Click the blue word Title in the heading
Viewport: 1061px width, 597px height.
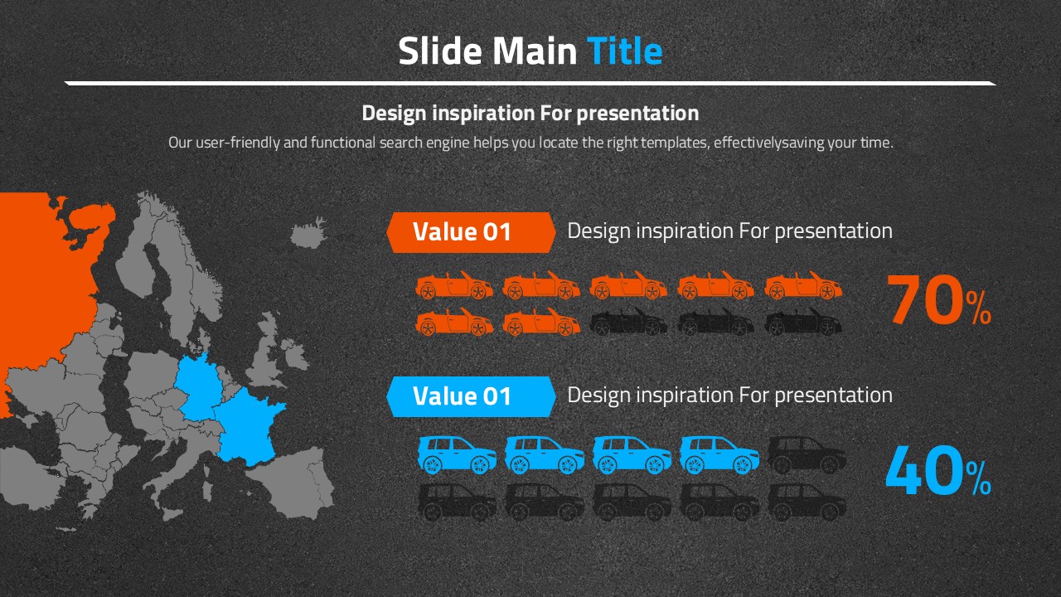click(624, 51)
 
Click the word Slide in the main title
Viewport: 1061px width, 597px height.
click(440, 51)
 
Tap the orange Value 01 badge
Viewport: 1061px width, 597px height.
click(471, 232)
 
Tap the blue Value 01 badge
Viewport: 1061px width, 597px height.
click(471, 396)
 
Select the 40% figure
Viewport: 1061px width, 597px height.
click(938, 470)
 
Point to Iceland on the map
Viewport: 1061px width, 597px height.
click(309, 232)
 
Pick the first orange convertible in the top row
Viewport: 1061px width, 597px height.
click(454, 285)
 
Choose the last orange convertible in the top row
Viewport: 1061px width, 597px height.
click(803, 285)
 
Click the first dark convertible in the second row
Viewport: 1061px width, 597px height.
click(628, 322)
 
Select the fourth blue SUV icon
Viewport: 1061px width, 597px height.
click(719, 455)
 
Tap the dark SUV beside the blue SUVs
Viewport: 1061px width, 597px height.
click(807, 455)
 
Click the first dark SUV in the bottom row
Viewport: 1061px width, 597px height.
click(457, 502)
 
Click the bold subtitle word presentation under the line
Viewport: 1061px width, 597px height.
click(637, 114)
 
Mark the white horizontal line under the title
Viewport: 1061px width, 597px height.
click(530, 84)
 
